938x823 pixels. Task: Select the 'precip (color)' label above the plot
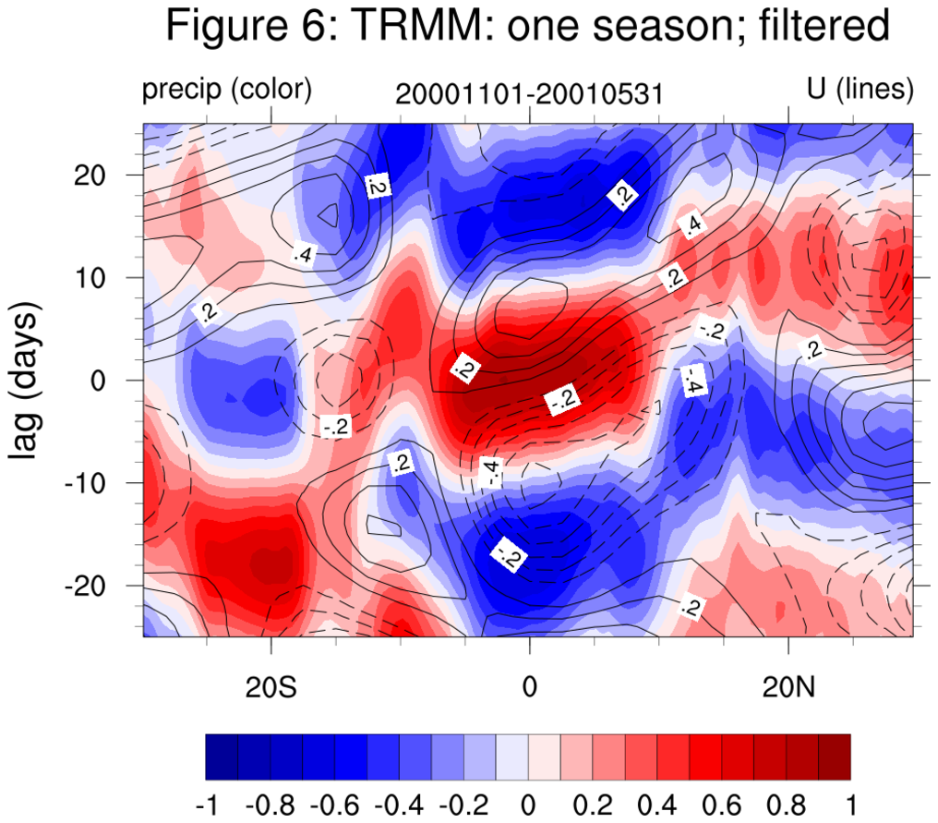pyautogui.click(x=227, y=90)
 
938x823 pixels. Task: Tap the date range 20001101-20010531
pyautogui.click(x=529, y=94)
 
